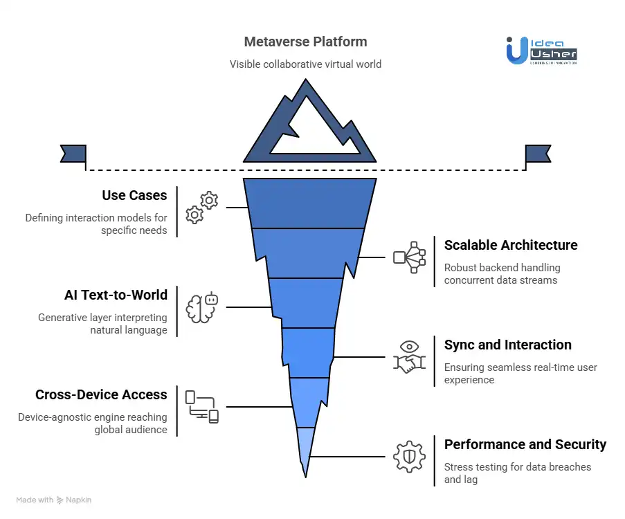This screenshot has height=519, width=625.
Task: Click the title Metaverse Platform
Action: [x=305, y=42]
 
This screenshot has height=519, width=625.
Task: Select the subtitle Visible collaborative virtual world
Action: [x=305, y=64]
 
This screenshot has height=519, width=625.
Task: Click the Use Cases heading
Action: [x=134, y=196]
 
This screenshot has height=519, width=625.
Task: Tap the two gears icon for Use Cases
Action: [x=201, y=208]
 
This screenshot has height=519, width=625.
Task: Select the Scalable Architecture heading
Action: [x=510, y=246]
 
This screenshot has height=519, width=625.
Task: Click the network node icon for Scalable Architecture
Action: [x=408, y=257]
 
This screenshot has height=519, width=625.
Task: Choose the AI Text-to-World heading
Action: [x=116, y=295]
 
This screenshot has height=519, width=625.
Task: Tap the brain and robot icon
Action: [x=202, y=307]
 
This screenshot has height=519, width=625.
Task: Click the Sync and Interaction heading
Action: [x=507, y=345]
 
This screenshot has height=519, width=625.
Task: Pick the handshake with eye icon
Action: [x=409, y=356]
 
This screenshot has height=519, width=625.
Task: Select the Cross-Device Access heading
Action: [x=101, y=395]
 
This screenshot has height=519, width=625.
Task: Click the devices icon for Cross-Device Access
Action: [x=201, y=407]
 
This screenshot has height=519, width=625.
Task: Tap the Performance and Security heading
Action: [x=525, y=445]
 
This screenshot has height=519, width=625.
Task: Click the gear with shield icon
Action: [x=408, y=457]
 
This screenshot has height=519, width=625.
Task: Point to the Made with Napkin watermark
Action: [x=53, y=500]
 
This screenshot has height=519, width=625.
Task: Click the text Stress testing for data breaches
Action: [x=517, y=467]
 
